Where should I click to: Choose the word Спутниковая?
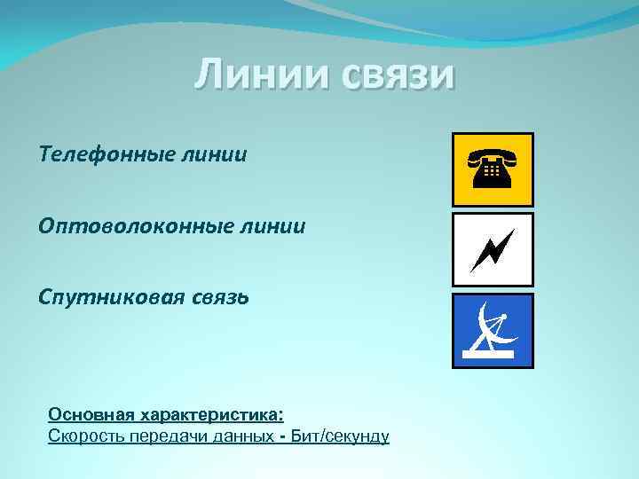tap(109, 297)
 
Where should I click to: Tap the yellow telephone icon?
tap(493, 169)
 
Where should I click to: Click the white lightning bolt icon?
tap(493, 249)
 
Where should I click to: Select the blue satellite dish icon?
tap(493, 330)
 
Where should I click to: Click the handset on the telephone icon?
tap(493, 157)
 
